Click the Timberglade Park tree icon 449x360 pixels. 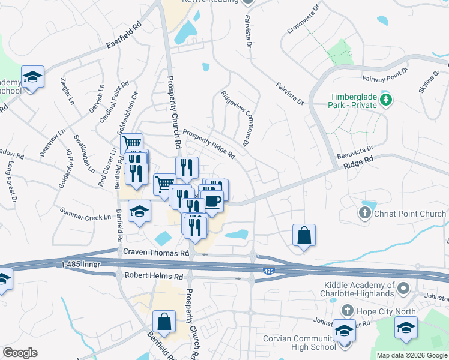(387, 99)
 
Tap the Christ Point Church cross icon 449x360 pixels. (365, 212)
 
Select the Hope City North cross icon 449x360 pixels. (347, 310)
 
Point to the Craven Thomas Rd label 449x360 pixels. (156, 253)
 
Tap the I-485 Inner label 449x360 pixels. (83, 263)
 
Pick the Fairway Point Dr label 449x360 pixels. (385, 74)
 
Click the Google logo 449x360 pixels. (20, 353)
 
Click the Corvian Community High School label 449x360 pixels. (300, 343)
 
